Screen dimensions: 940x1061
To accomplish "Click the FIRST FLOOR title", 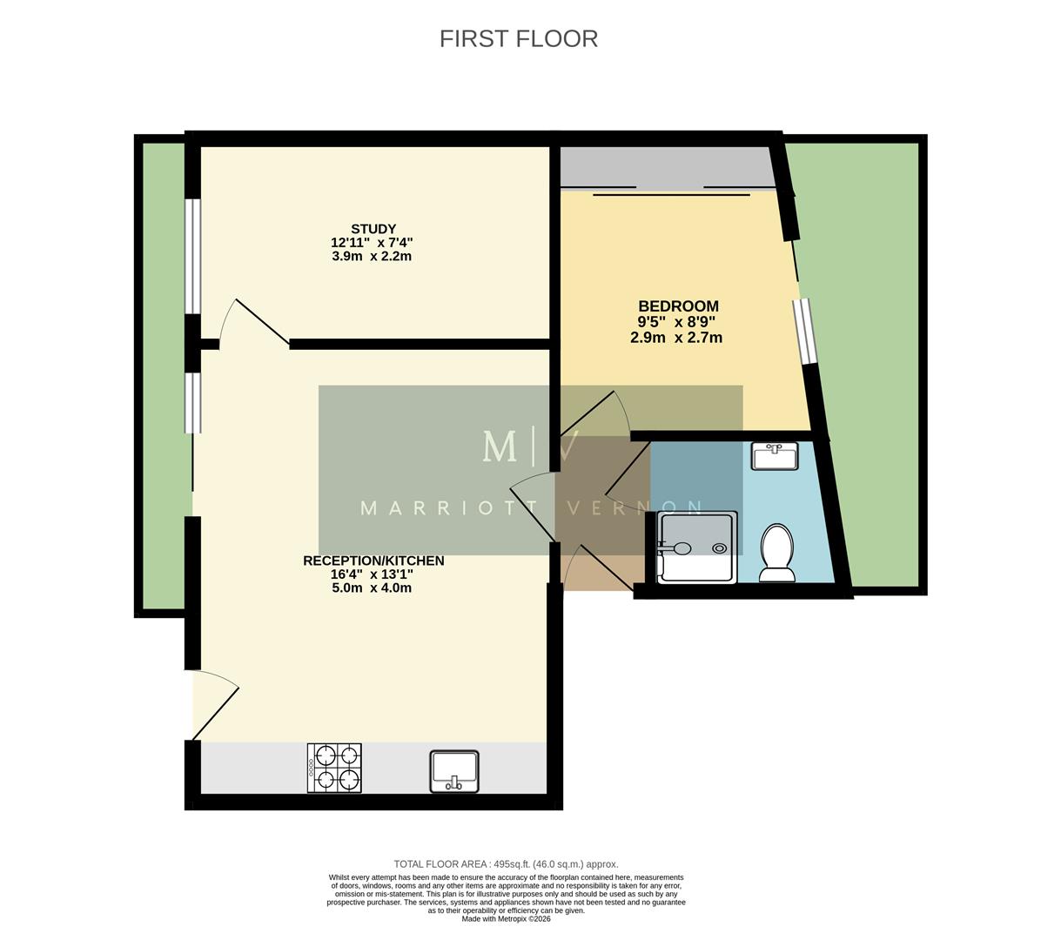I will (x=518, y=39).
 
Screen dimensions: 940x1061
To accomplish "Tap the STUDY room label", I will (x=373, y=229).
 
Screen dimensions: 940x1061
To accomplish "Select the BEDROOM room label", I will (x=678, y=306).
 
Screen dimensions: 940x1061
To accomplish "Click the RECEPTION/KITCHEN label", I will (x=373, y=561).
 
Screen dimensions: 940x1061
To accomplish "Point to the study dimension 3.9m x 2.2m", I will (x=372, y=257).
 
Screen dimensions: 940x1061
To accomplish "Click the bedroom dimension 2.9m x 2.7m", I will (x=676, y=338).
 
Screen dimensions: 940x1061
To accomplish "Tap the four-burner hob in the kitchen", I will (x=334, y=768).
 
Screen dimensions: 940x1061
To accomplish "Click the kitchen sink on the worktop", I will (x=454, y=771).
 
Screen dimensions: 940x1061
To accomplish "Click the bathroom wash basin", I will (x=774, y=456).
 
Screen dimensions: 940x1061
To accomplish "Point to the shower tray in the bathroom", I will (x=697, y=547).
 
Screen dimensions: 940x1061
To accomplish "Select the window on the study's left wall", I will (x=192, y=256).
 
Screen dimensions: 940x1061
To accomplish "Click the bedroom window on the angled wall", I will (x=805, y=331).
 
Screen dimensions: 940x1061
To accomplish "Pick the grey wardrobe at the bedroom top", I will (x=666, y=167).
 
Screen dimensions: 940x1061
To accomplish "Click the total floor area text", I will (x=506, y=864).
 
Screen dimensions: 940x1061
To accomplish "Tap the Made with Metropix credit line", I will (x=506, y=918).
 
